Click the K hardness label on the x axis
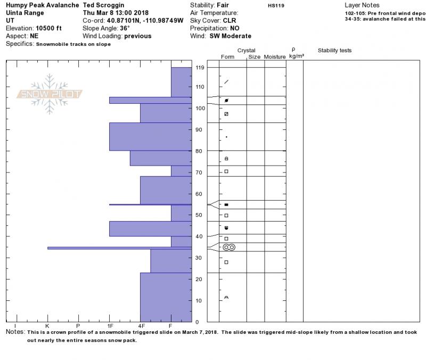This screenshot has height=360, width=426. (x=47, y=325)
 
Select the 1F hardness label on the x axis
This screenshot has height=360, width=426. (x=110, y=325)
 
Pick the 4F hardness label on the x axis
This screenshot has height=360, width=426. (x=141, y=325)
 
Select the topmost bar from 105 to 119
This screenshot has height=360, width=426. (x=181, y=82)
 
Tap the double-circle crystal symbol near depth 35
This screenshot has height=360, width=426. (x=229, y=247)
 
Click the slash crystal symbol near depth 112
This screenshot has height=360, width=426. (x=226, y=81)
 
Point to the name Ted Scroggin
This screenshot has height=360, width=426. (x=104, y=5)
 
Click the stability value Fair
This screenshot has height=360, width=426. (x=223, y=5)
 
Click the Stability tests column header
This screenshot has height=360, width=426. (x=334, y=51)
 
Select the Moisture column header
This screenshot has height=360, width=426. (x=275, y=56)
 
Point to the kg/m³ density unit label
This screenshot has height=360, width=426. (x=294, y=56)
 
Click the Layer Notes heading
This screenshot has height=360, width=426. (x=362, y=5)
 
